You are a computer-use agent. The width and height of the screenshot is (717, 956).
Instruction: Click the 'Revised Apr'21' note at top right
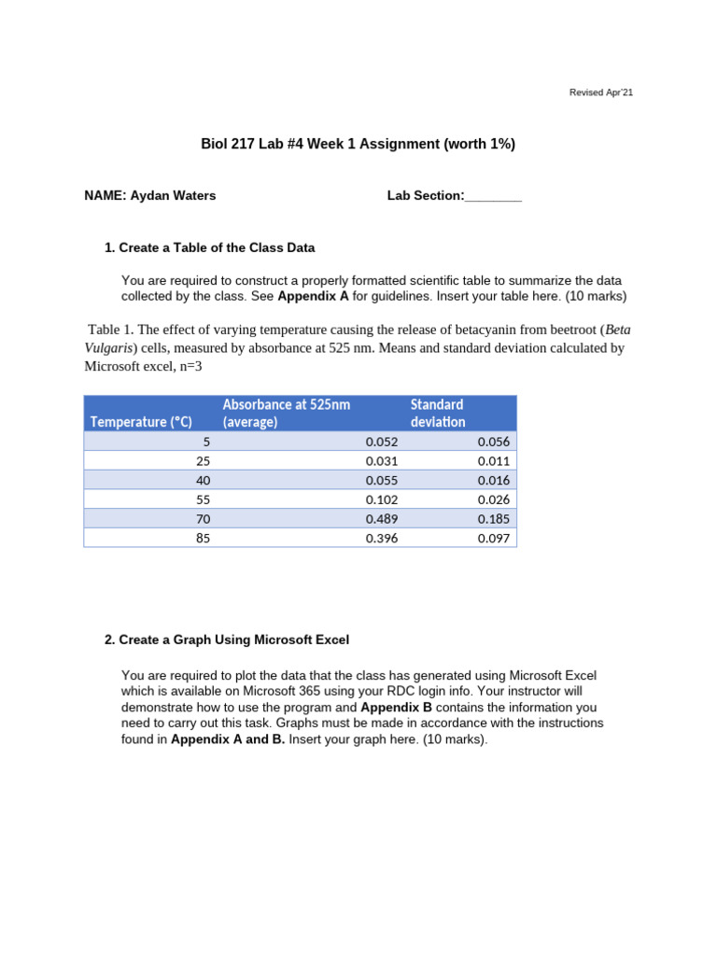pyautogui.click(x=601, y=92)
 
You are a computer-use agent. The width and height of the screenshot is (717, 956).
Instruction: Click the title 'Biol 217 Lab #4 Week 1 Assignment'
pyautogui.click(x=358, y=144)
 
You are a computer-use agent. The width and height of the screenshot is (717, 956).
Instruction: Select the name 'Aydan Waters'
pyautogui.click(x=176, y=195)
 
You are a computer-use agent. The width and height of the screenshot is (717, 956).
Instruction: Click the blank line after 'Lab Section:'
pyautogui.click(x=493, y=196)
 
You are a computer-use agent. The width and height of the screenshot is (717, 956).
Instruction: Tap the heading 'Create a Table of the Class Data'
pyautogui.click(x=217, y=247)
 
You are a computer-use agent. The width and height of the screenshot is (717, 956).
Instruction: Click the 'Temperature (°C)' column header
pyautogui.click(x=141, y=422)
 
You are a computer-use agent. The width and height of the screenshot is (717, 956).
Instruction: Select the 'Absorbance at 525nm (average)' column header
pyautogui.click(x=286, y=413)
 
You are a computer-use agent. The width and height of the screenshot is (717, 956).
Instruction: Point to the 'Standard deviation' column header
pyautogui.click(x=437, y=413)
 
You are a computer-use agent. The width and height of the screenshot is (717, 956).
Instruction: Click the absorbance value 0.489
pyautogui.click(x=381, y=518)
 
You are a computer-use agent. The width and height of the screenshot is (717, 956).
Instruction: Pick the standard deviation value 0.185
pyautogui.click(x=494, y=518)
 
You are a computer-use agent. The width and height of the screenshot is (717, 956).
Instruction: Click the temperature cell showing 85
pyautogui.click(x=203, y=538)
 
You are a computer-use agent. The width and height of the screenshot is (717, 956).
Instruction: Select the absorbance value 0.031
pyautogui.click(x=381, y=461)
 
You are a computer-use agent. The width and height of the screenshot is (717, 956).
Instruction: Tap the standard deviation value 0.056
pyautogui.click(x=494, y=442)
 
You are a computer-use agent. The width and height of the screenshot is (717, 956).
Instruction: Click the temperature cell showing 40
pyautogui.click(x=203, y=480)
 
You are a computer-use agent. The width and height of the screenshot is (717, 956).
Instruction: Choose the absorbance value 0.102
pyautogui.click(x=381, y=499)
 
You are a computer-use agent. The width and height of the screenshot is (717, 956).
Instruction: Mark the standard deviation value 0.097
pyautogui.click(x=494, y=538)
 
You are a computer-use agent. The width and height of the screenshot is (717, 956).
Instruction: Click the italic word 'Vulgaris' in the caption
pyautogui.click(x=109, y=347)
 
